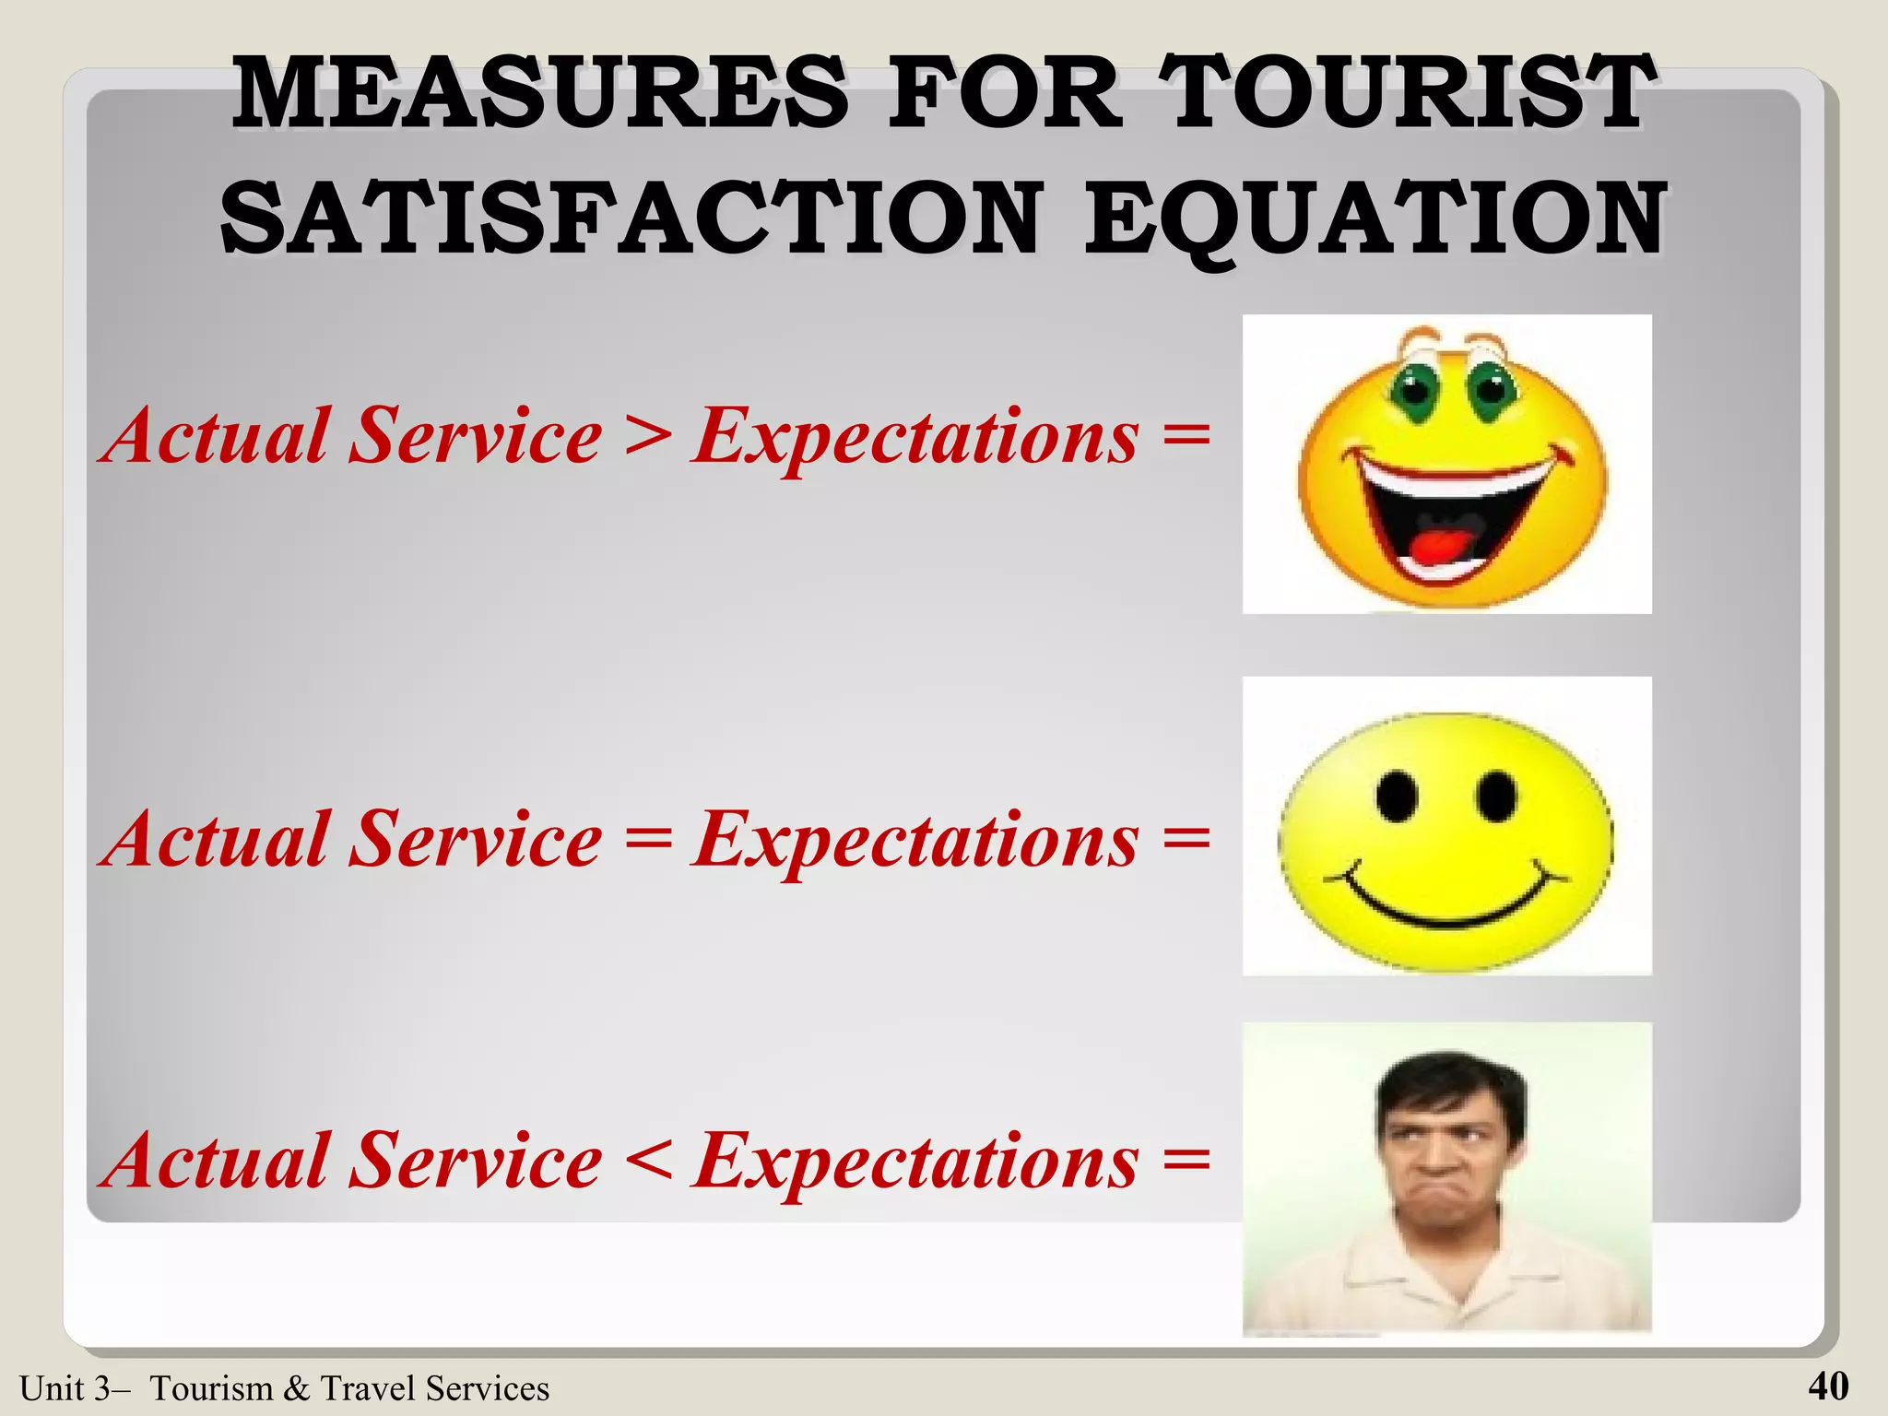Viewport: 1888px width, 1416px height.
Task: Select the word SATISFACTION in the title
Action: point(631,218)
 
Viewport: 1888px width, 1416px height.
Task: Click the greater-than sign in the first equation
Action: point(647,435)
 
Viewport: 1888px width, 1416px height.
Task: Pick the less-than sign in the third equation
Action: point(647,1161)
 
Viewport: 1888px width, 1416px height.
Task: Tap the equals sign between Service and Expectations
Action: point(647,839)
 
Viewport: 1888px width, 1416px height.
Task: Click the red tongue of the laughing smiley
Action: point(1429,546)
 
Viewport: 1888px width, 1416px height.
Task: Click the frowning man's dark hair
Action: point(1447,1083)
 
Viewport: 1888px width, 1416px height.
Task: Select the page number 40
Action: point(1828,1386)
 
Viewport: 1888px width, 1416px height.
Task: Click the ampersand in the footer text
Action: point(297,1388)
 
